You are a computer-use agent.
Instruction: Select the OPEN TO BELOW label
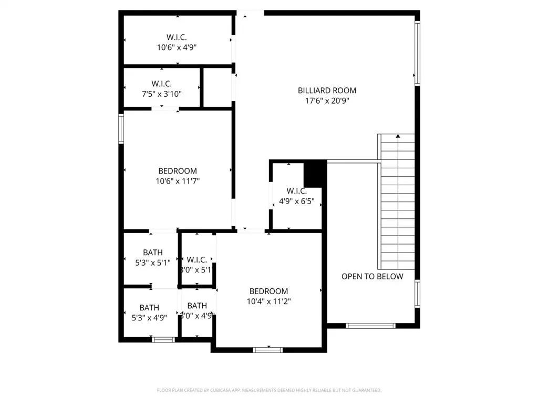[372, 277]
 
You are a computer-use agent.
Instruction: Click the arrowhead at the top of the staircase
[398, 137]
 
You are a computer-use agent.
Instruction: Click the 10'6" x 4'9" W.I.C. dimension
[177, 47]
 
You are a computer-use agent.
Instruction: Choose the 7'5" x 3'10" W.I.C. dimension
[161, 94]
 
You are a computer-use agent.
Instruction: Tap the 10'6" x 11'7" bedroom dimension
[178, 181]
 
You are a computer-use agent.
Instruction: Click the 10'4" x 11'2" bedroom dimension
[268, 301]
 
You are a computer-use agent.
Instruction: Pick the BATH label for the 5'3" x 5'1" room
[152, 252]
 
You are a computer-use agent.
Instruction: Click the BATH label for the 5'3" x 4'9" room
[149, 307]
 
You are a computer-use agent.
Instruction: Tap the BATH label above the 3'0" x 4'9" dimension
[197, 306]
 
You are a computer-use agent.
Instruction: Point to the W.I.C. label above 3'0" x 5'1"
[196, 260]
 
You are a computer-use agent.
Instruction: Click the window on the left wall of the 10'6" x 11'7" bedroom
[121, 129]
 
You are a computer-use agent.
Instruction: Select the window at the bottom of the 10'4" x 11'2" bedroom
[268, 349]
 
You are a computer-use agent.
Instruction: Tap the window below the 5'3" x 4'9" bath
[163, 340]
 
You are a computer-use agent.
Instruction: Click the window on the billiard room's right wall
[418, 53]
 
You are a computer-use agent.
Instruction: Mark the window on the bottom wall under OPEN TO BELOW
[371, 326]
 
